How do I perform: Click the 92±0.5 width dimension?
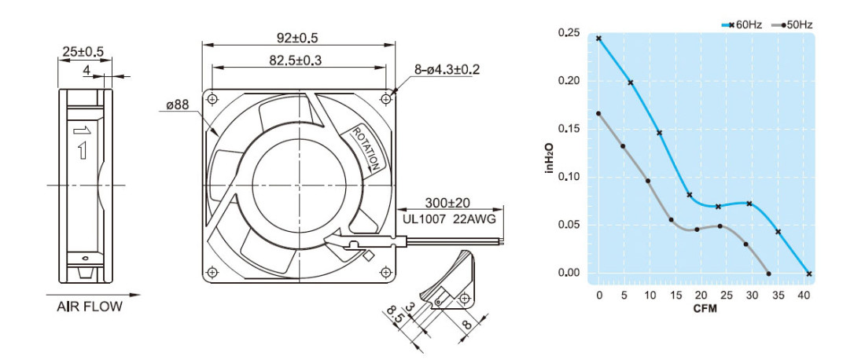click(297, 38)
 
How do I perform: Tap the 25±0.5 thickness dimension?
click(83, 51)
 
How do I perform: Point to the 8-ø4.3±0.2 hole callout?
click(447, 69)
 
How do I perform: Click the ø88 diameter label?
click(177, 105)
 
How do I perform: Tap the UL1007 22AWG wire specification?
click(449, 219)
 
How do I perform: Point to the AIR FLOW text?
click(90, 307)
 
